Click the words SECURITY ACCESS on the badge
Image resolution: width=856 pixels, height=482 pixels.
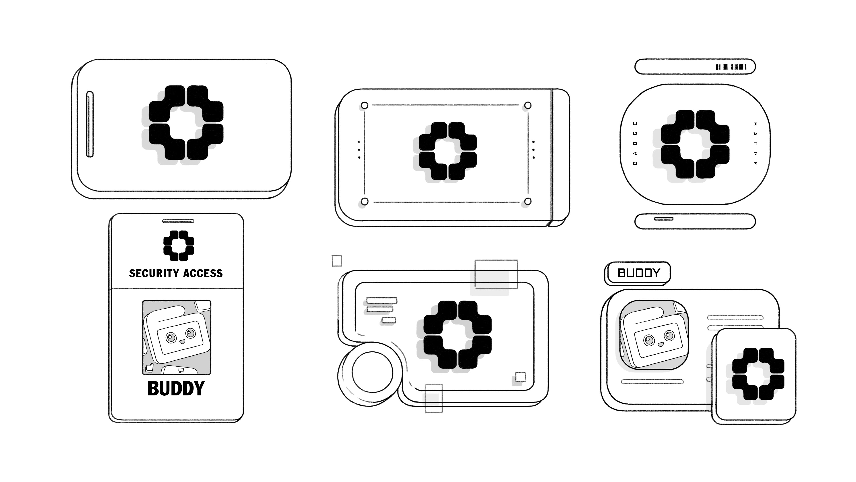click(176, 273)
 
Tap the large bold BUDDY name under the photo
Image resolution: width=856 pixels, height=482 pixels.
click(176, 389)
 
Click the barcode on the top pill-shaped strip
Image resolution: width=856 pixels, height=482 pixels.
click(731, 67)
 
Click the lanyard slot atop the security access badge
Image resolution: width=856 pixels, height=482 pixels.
click(178, 221)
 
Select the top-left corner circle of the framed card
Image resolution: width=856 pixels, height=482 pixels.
click(364, 106)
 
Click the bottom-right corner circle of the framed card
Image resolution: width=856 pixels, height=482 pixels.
click(528, 201)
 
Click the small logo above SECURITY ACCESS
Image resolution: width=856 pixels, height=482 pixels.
click(179, 245)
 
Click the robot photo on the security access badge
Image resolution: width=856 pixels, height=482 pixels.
click(177, 338)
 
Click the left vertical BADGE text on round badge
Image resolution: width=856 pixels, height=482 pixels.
click(635, 143)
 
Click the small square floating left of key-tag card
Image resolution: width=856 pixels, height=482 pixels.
click(337, 261)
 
